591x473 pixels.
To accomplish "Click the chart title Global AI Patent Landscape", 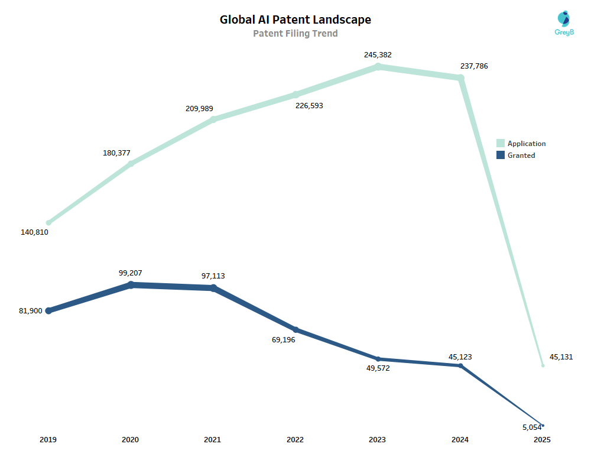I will (295, 20).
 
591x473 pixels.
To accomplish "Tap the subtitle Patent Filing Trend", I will (295, 34).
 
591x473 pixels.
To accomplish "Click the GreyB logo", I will (564, 24).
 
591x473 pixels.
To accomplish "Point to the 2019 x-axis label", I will (48, 440).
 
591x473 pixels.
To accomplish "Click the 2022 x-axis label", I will (295, 440).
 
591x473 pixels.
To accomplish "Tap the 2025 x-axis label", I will (542, 440).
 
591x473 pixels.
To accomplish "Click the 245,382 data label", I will (378, 55).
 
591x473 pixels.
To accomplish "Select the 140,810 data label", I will (34, 232).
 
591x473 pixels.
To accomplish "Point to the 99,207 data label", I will (130, 273).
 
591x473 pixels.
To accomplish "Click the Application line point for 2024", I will (460, 77).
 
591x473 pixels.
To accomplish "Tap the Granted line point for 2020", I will (131, 284).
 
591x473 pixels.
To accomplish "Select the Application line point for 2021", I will (213, 119).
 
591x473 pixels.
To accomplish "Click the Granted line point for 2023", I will (378, 359).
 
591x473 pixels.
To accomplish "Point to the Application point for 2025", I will (543, 365).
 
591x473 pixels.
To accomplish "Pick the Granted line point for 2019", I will (48, 310).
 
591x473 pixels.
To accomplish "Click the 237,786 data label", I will (474, 66).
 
